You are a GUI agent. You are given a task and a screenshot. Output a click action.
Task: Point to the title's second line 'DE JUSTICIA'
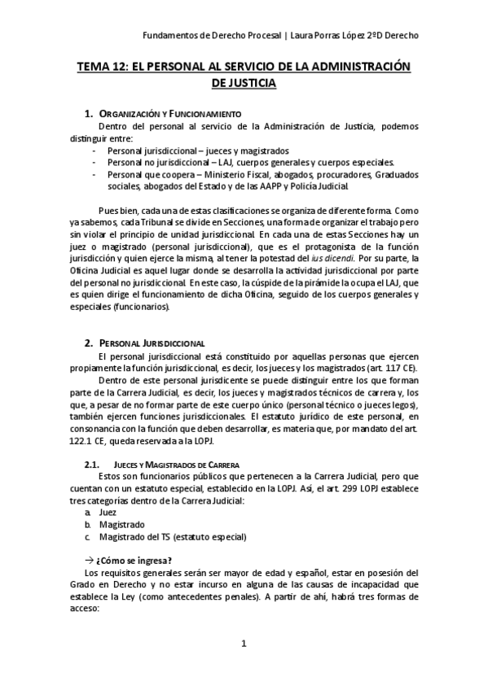point(244,83)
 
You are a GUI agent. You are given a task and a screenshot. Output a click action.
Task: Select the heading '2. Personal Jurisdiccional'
point(152,344)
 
